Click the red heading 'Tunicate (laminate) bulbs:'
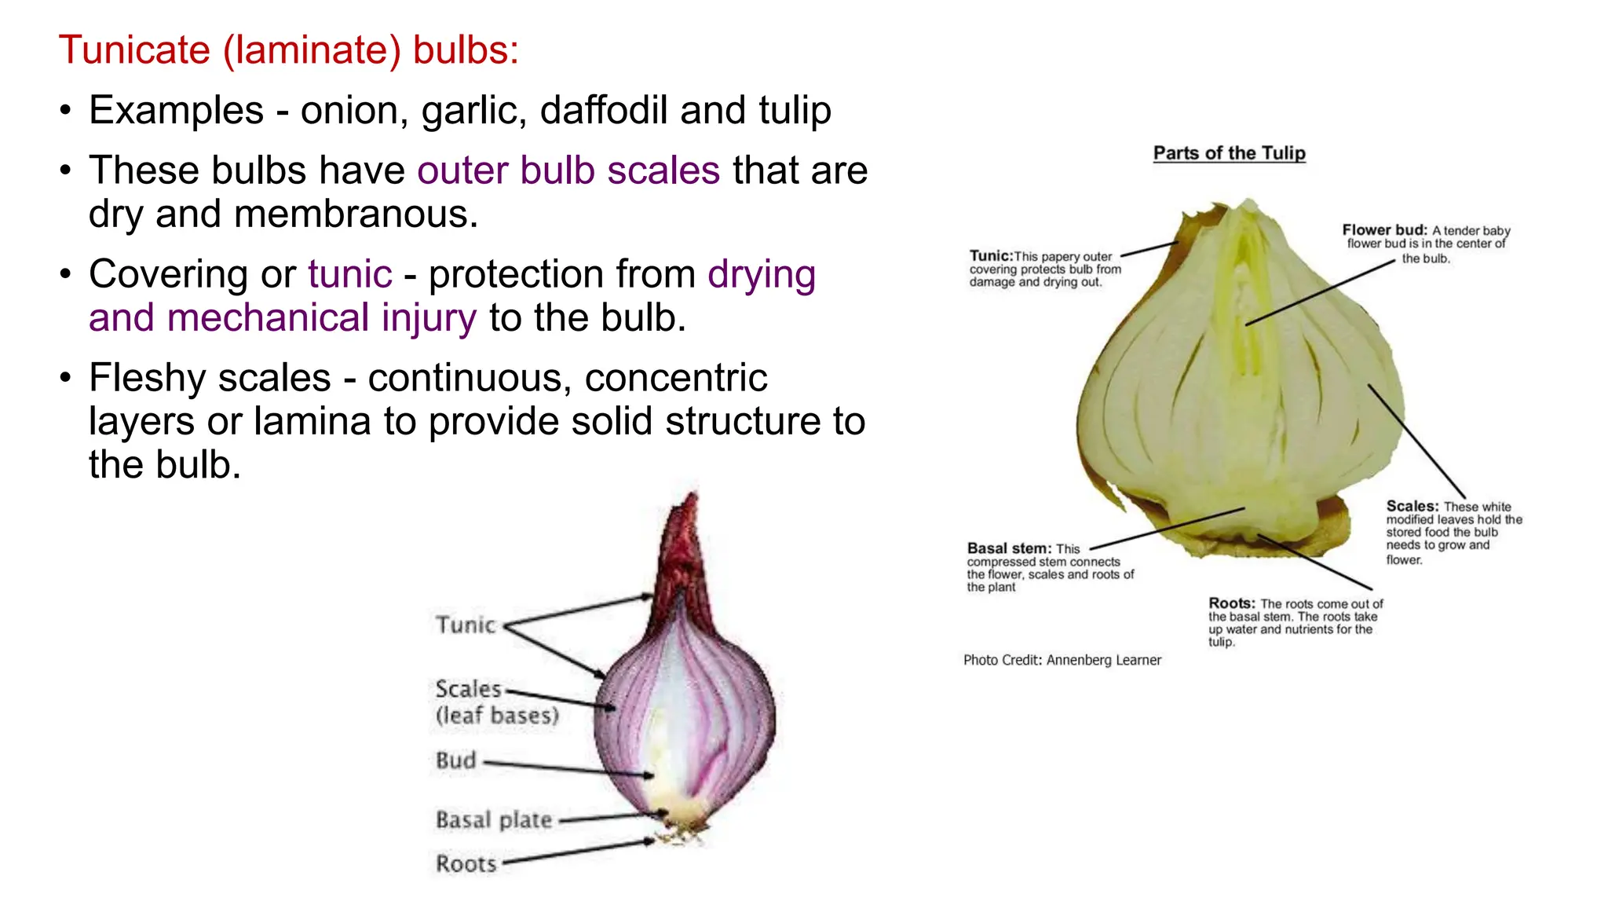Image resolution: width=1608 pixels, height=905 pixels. point(288,50)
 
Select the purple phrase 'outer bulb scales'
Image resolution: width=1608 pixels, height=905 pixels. point(568,170)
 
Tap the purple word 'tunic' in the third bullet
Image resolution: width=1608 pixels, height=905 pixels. point(349,274)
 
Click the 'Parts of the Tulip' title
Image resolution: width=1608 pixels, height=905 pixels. point(1229,153)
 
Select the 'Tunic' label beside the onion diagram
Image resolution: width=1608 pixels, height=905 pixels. point(466,625)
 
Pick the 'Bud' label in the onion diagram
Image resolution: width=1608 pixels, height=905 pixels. point(455,760)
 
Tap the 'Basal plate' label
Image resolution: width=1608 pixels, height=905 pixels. point(494,820)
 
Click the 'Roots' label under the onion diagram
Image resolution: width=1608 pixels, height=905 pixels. point(466,864)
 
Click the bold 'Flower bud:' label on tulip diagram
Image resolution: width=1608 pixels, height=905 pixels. point(1383,230)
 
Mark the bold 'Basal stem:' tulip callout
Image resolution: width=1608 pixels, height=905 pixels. point(1008,548)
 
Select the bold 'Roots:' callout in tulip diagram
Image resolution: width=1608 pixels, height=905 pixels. point(1231,603)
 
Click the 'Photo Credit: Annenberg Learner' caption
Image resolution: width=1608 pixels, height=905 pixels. point(1062,661)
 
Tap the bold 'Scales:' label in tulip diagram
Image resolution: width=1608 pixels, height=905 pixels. point(1412,507)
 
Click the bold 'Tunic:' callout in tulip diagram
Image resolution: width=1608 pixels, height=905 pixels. point(990,256)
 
